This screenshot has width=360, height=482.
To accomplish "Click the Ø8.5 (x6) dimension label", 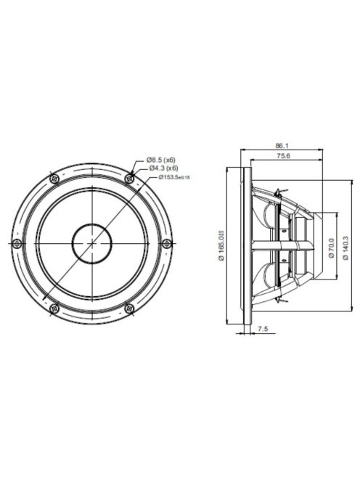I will pyautogui.click(x=161, y=159).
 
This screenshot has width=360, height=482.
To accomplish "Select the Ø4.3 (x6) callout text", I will pyautogui.click(x=161, y=168).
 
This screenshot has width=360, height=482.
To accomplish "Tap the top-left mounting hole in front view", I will pyautogui.click(x=53, y=178).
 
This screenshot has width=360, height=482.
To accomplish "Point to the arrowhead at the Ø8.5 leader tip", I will pyautogui.click(x=133, y=174).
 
